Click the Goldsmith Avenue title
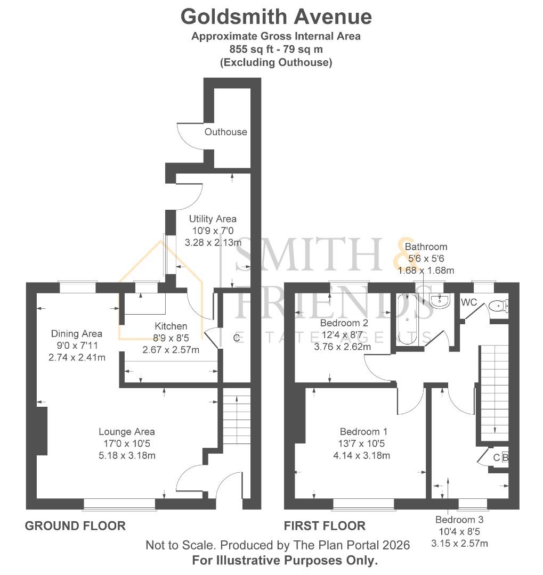click(276, 17)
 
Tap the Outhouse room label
click(226, 132)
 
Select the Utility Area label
click(213, 219)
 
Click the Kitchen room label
click(171, 326)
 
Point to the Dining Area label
click(77, 334)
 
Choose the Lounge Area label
click(126, 432)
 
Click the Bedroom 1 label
click(363, 432)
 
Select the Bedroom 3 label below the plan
click(459, 520)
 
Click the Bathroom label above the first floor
click(426, 247)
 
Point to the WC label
click(469, 302)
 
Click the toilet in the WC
click(498, 306)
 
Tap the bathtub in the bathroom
click(407, 319)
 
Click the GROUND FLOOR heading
click(75, 526)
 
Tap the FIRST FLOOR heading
click(325, 526)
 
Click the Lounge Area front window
click(120, 504)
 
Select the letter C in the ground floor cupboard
click(236, 337)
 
